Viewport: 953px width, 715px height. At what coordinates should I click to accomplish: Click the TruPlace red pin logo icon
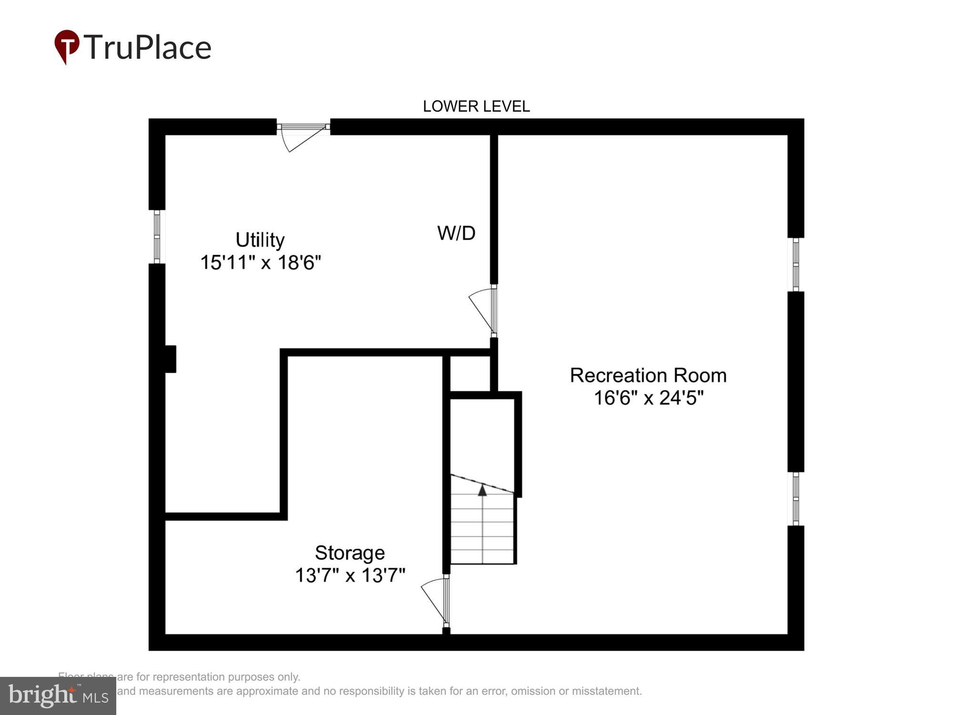point(67,46)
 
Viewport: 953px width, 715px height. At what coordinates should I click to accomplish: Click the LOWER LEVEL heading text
point(476,106)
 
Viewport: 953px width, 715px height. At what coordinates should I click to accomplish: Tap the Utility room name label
point(260,240)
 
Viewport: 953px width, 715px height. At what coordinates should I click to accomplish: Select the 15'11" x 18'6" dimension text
point(260,263)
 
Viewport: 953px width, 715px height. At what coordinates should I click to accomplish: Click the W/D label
point(456,233)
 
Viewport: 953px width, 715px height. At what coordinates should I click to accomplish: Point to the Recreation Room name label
point(648,376)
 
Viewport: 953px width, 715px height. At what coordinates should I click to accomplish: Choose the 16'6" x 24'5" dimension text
point(648,398)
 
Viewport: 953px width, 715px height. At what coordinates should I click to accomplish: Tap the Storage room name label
point(350,553)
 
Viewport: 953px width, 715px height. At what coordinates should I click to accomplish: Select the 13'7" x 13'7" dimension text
point(350,575)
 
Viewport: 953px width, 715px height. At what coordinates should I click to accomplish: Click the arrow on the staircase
point(482,490)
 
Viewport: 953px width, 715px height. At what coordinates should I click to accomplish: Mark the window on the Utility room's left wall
point(157,237)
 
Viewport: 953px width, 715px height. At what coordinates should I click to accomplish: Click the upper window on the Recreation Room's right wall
point(795,265)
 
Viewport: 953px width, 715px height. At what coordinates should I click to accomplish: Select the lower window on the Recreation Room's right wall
point(795,499)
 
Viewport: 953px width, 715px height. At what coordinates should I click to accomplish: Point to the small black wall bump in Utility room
point(170,359)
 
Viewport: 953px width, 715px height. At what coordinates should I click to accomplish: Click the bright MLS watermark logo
point(58,696)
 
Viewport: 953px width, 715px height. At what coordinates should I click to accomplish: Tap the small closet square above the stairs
point(470,374)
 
